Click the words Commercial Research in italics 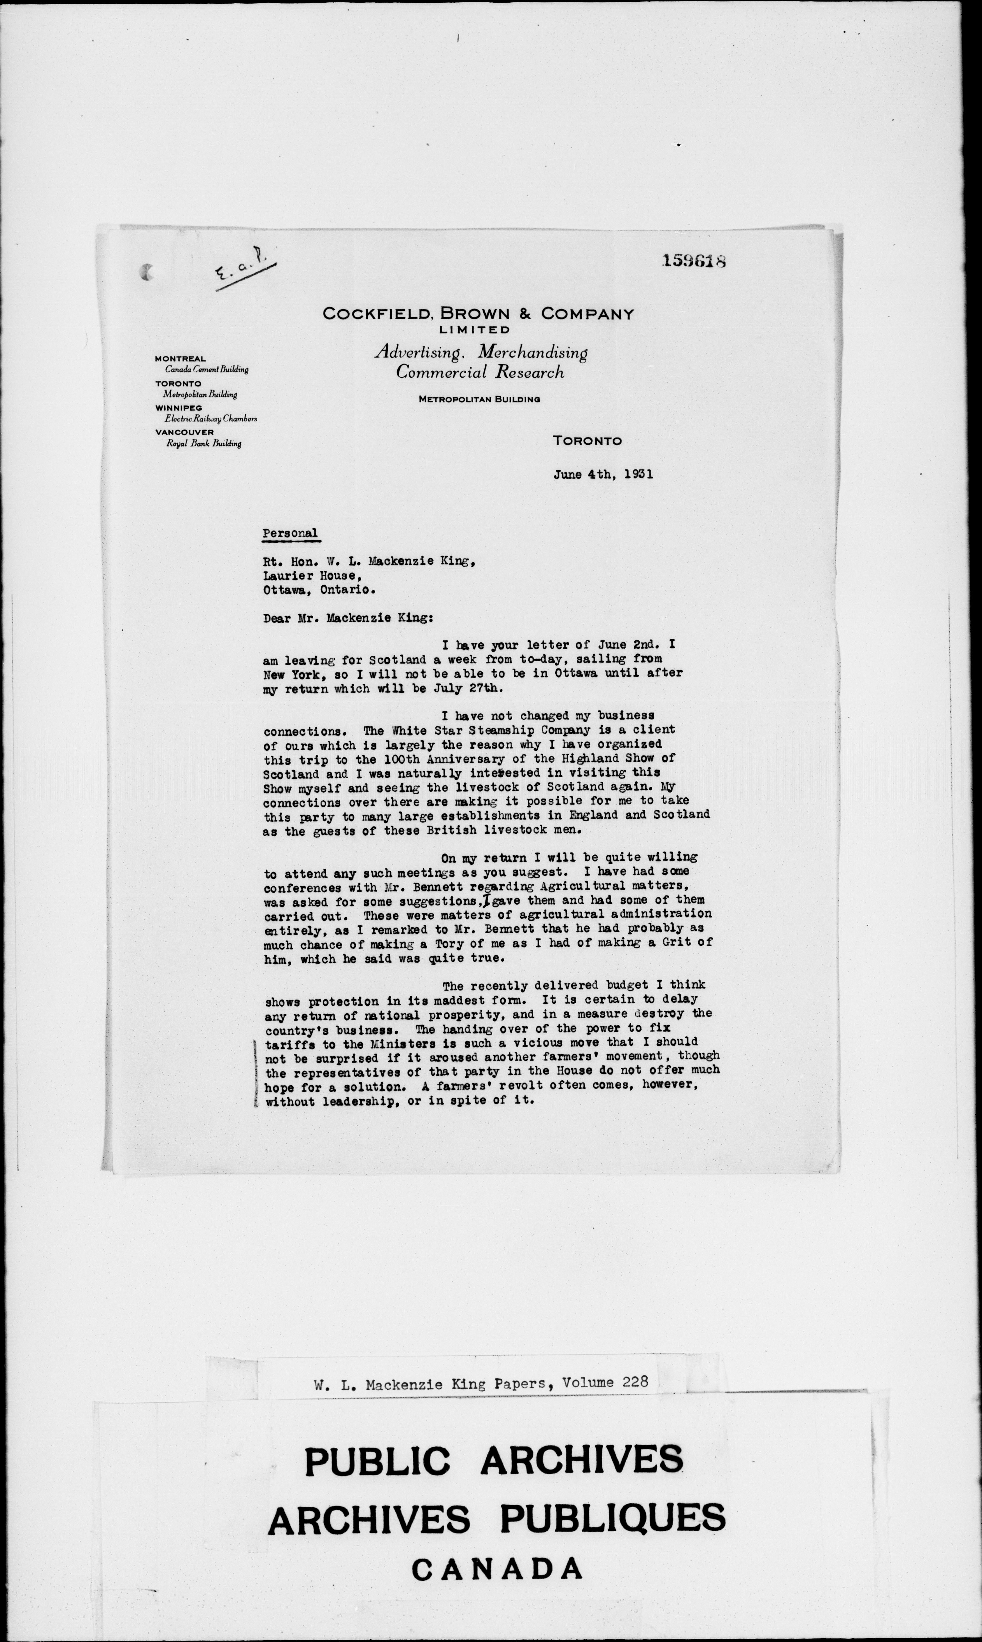coord(480,372)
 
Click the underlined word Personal coord(290,533)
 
